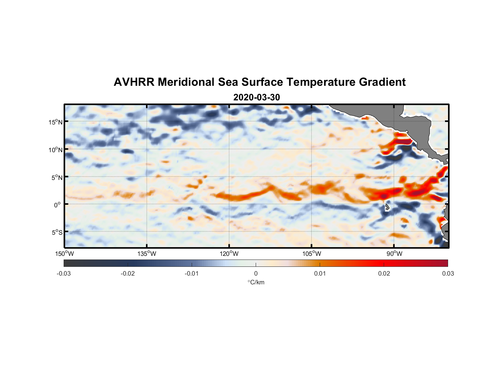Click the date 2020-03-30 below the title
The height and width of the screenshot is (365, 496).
256,97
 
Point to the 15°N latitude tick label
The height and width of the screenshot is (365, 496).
56,122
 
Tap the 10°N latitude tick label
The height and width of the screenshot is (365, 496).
56,150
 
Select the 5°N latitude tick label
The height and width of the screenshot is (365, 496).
57,177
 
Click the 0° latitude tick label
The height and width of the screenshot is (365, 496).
57,205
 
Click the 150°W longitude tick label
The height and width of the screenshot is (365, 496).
65,254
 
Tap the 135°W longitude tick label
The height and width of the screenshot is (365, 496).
147,254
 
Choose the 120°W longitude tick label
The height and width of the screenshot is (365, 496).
229,254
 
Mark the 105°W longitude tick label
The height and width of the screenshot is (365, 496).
312,254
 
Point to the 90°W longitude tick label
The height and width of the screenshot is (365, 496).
394,254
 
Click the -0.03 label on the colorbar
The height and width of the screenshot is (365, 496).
64,273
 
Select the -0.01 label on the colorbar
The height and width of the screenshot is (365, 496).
192,273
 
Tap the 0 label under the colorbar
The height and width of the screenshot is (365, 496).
256,273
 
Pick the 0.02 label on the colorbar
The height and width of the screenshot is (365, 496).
384,273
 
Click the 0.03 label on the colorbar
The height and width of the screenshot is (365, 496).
448,273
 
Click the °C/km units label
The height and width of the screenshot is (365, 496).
256,282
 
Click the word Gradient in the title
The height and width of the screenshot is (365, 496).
382,82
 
